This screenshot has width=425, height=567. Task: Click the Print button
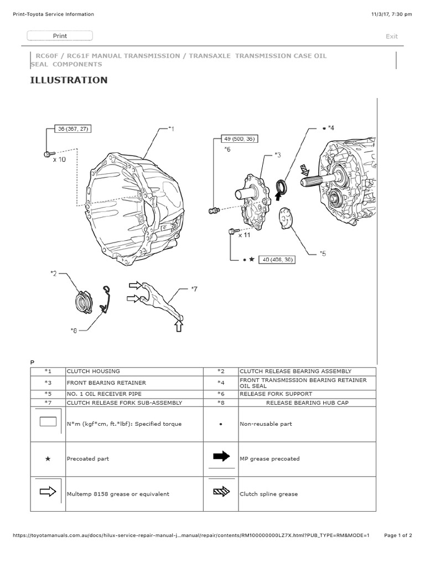60,36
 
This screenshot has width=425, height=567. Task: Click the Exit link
392,37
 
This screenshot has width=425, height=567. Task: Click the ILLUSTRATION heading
69,80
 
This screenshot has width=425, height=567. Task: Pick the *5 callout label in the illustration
323,254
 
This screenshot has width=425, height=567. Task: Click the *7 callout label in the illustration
194,288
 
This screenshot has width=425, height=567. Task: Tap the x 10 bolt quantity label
59,159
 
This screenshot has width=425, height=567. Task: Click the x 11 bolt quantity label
244,235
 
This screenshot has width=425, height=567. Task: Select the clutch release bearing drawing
84,302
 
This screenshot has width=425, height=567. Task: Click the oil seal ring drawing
282,185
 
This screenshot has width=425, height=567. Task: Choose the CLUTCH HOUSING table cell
93,371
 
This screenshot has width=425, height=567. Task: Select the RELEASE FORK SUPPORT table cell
268,394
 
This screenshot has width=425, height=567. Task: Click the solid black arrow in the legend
221,456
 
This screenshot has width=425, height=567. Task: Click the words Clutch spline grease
268,494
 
